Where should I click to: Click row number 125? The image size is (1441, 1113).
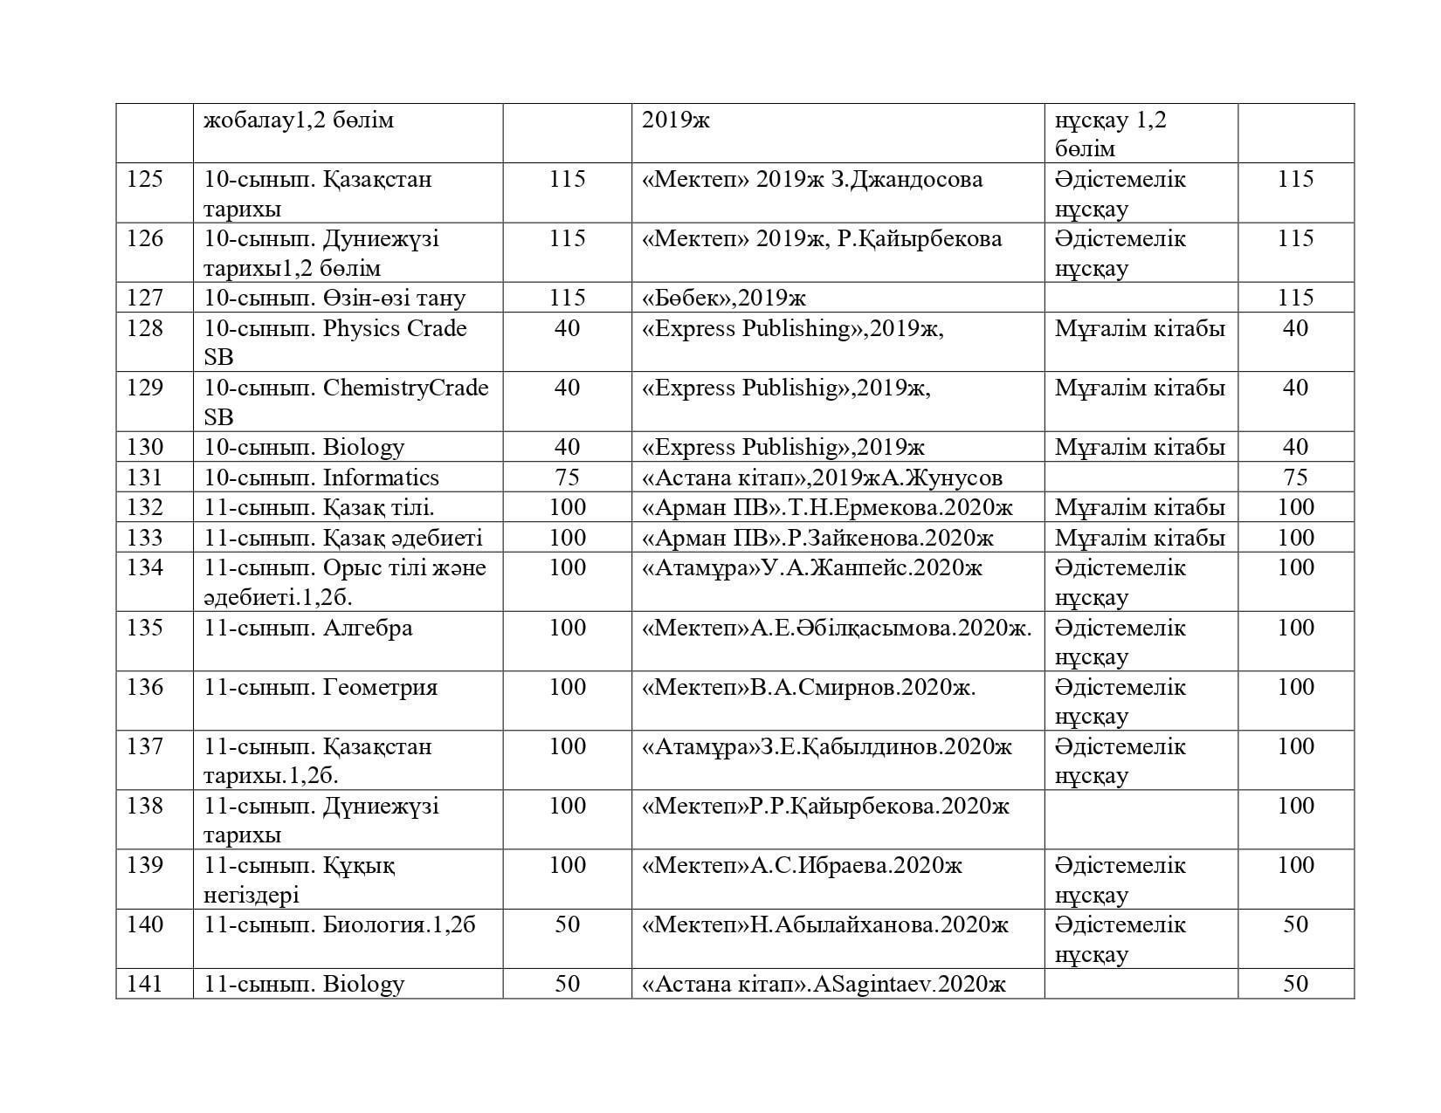145,180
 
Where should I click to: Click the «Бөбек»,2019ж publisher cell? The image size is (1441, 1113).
724,299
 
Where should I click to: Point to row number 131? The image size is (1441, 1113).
145,477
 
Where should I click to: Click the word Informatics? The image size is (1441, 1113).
381,477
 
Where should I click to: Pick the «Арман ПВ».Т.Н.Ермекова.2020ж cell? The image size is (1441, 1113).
827,507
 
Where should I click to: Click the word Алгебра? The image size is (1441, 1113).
368,628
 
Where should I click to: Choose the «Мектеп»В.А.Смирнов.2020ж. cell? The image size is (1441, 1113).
809,687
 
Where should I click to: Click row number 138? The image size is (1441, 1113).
145,806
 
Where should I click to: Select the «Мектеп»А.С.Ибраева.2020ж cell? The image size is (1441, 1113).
802,865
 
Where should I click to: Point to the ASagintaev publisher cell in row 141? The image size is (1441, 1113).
824,984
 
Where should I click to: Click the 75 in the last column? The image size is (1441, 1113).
1295,477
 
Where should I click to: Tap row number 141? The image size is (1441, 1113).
145,984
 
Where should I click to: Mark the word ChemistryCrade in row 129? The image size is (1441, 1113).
405,388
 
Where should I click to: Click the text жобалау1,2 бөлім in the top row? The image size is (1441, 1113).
299,120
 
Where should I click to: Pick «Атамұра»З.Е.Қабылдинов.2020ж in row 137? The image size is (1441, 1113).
826,747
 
